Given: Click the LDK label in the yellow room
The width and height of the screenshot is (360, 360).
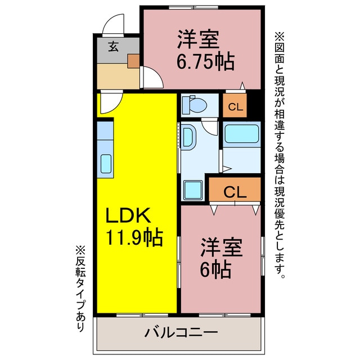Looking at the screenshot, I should coord(127,217).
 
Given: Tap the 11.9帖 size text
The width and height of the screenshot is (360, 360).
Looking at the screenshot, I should coord(135,237).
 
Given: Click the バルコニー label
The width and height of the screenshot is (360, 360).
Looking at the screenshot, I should coord(181,333).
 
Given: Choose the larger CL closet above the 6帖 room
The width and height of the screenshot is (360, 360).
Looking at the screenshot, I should coord(235,192).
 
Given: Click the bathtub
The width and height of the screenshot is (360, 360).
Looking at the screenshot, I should coord(241,135).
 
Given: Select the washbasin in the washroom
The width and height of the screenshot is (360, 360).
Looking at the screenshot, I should coord(189,138).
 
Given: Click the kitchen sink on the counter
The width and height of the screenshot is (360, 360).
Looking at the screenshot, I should coord(106,163).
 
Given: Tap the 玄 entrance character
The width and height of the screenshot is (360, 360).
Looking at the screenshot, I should coord(113,47).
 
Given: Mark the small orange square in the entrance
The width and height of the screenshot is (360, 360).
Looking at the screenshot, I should coord(133,60).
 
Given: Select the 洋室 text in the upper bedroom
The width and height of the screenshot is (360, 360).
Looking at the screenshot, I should coord(198,39).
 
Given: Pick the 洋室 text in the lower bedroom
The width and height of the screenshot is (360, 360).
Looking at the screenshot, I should coord(222,249).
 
